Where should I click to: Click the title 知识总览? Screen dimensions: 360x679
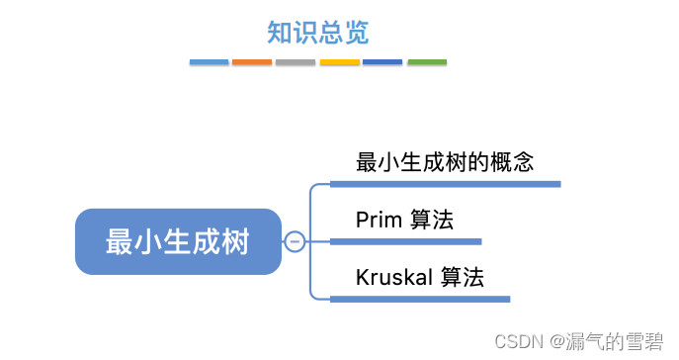tap(317, 33)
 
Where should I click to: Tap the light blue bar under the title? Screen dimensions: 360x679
tap(209, 62)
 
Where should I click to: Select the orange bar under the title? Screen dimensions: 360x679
tap(252, 62)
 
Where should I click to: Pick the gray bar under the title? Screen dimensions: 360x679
tap(296, 62)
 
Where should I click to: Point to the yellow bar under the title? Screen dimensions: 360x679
tap(339, 62)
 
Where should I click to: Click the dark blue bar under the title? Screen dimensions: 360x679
tap(382, 62)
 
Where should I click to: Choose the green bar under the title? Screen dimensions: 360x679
tap(427, 62)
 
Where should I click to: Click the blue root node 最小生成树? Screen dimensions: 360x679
tap(178, 241)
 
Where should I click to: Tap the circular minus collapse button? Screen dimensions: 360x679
tap(295, 241)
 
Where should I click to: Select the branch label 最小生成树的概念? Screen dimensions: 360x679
tap(445, 163)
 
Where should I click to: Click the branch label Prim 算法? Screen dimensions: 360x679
tap(404, 221)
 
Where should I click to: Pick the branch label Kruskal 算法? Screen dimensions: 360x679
tap(420, 278)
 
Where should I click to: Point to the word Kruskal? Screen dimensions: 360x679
tap(394, 278)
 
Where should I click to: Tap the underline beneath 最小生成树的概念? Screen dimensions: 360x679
tap(445, 184)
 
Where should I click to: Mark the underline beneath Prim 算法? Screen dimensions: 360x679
tap(405, 241)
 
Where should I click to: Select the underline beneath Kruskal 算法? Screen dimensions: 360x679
tap(420, 299)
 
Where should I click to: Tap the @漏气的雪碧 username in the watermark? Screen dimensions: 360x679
tap(604, 342)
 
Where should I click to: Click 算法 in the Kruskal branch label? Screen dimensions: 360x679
tap(463, 278)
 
